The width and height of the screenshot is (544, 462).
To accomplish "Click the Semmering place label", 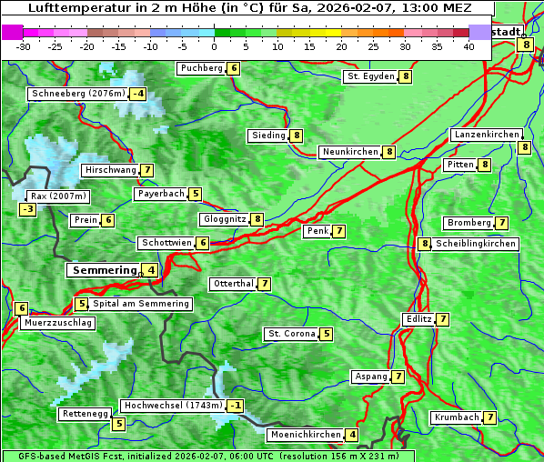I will coord(103,270).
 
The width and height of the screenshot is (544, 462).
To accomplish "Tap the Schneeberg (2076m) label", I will coord(77,94).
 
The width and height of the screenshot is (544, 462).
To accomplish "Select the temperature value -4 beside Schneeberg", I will coord(138,94).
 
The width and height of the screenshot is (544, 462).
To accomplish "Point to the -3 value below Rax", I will coord(28,210).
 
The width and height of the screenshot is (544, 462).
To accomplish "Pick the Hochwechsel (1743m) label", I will coord(172,406).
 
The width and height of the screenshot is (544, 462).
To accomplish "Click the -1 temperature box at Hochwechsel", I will coord(236,406).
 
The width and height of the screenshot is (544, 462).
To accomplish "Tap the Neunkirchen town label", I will coord(349,152).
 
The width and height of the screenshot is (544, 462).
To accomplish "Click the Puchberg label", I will coord(201,68).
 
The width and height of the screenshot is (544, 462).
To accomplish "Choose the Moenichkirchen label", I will coord(306,435).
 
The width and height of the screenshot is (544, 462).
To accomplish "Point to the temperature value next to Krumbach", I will coord(490,417).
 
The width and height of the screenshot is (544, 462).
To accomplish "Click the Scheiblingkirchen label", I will coord(475,244).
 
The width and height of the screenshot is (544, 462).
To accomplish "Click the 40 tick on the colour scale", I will coord(468,45).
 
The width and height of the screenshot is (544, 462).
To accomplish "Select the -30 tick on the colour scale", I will coord(23,45).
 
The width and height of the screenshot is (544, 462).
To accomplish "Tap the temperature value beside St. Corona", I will coord(326,334).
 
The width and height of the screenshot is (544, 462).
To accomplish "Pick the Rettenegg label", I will coord(85,414).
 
